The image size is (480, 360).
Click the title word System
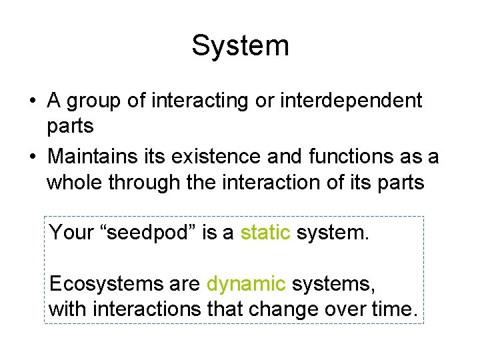click(x=240, y=45)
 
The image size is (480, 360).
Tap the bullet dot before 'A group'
click(x=31, y=101)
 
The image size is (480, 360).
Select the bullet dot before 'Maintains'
click(x=31, y=157)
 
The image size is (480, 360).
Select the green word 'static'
click(x=265, y=233)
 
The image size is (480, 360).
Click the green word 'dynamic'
click(x=246, y=285)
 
